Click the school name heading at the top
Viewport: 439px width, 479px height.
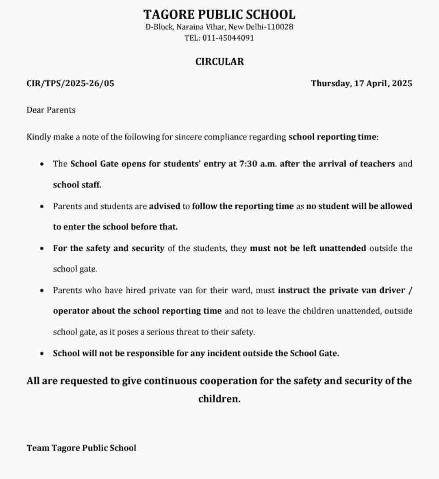coord(219,15)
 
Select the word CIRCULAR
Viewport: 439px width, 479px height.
coord(219,61)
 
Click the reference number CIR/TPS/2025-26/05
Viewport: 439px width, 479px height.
coord(70,83)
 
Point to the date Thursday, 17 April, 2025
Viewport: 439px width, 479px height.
coord(361,83)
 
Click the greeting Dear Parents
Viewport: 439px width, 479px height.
coord(51,110)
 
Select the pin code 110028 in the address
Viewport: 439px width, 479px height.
coord(280,27)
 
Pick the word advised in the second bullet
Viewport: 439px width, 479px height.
coord(164,206)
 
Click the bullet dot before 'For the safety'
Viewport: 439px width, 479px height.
coord(42,248)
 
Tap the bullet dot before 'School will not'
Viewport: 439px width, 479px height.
coord(42,353)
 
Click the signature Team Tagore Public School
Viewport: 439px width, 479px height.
coord(81,448)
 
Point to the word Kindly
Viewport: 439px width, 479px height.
coord(38,137)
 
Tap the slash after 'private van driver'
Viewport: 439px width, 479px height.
coord(410,290)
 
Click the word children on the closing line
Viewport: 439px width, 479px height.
coord(219,399)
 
